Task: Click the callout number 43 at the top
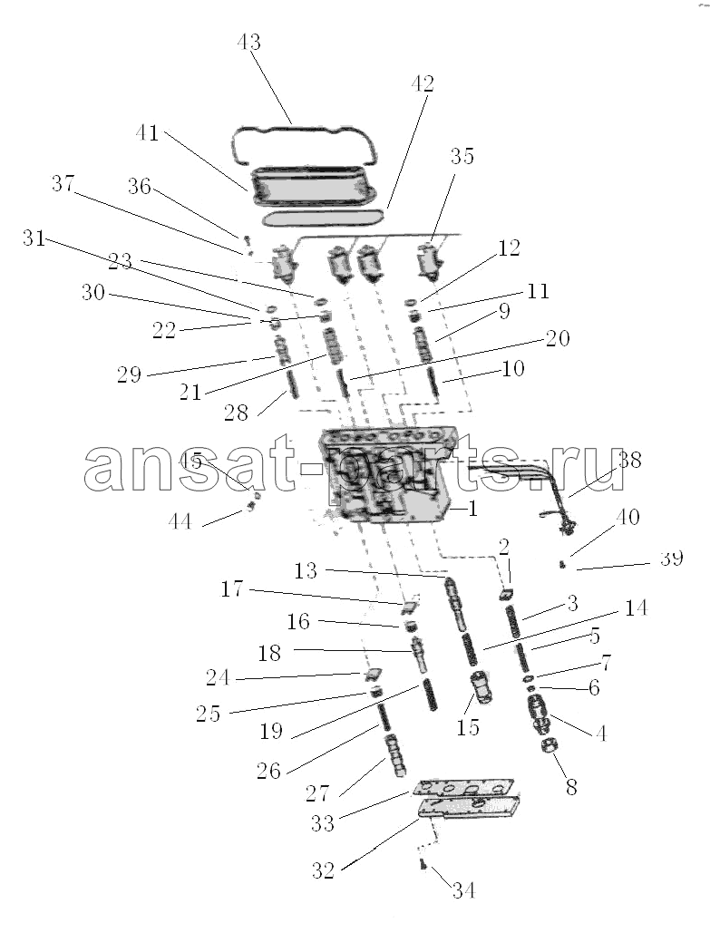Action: coord(248,43)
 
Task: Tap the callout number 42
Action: coord(422,84)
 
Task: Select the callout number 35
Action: coord(462,156)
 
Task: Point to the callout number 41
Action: coord(146,132)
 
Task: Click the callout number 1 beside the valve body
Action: coord(472,509)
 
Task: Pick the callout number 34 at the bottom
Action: coord(464,890)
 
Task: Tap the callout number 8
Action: coord(571,787)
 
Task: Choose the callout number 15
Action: coord(468,726)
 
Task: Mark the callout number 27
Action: coord(317,792)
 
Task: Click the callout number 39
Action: coord(671,559)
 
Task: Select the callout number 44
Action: coord(180,522)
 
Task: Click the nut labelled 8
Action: coord(549,746)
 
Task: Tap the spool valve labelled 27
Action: coord(395,755)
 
